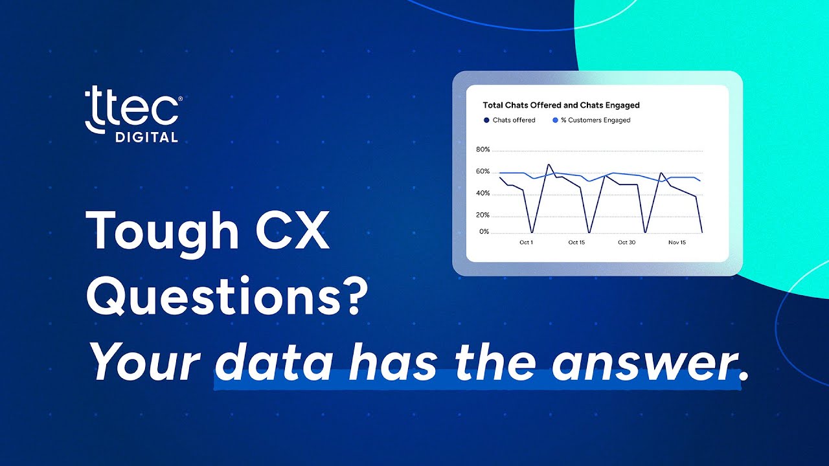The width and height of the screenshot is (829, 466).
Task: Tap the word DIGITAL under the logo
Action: (x=146, y=137)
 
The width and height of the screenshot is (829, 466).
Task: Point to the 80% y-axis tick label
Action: (x=483, y=150)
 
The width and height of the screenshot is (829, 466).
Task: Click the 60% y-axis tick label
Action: (x=483, y=172)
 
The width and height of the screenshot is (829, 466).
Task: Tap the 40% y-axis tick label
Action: (x=483, y=194)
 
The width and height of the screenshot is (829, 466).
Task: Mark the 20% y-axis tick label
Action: (x=483, y=216)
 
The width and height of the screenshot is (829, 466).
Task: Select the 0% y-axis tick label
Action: (x=484, y=232)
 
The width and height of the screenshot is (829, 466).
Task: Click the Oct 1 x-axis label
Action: (x=527, y=243)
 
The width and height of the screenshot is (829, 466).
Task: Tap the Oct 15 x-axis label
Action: (x=576, y=243)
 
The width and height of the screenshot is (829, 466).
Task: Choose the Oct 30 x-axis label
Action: (x=626, y=243)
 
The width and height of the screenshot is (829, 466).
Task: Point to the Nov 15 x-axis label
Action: (x=677, y=243)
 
